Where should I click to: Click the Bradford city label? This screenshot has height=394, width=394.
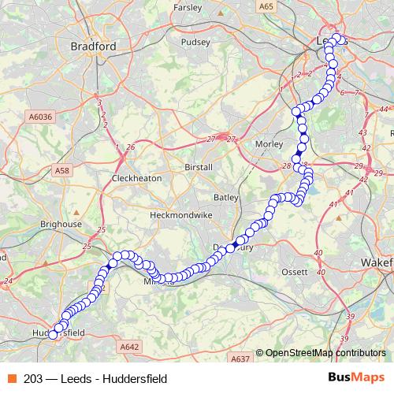tap(93, 46)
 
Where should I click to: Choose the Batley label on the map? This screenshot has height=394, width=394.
tap(225, 196)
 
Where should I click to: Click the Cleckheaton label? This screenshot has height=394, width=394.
tap(136, 178)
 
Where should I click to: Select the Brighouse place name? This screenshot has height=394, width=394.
tap(61, 225)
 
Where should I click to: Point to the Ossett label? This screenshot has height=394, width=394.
tap(296, 272)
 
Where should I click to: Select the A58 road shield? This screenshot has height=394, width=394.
tap(62, 169)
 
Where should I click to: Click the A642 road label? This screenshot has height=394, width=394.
tap(131, 345)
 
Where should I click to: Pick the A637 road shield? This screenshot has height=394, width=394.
tap(240, 359)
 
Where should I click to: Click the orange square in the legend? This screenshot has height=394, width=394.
tap(11, 378)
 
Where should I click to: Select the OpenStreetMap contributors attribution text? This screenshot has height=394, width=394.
tap(325, 354)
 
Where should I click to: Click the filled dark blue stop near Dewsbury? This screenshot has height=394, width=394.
tap(235, 247)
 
